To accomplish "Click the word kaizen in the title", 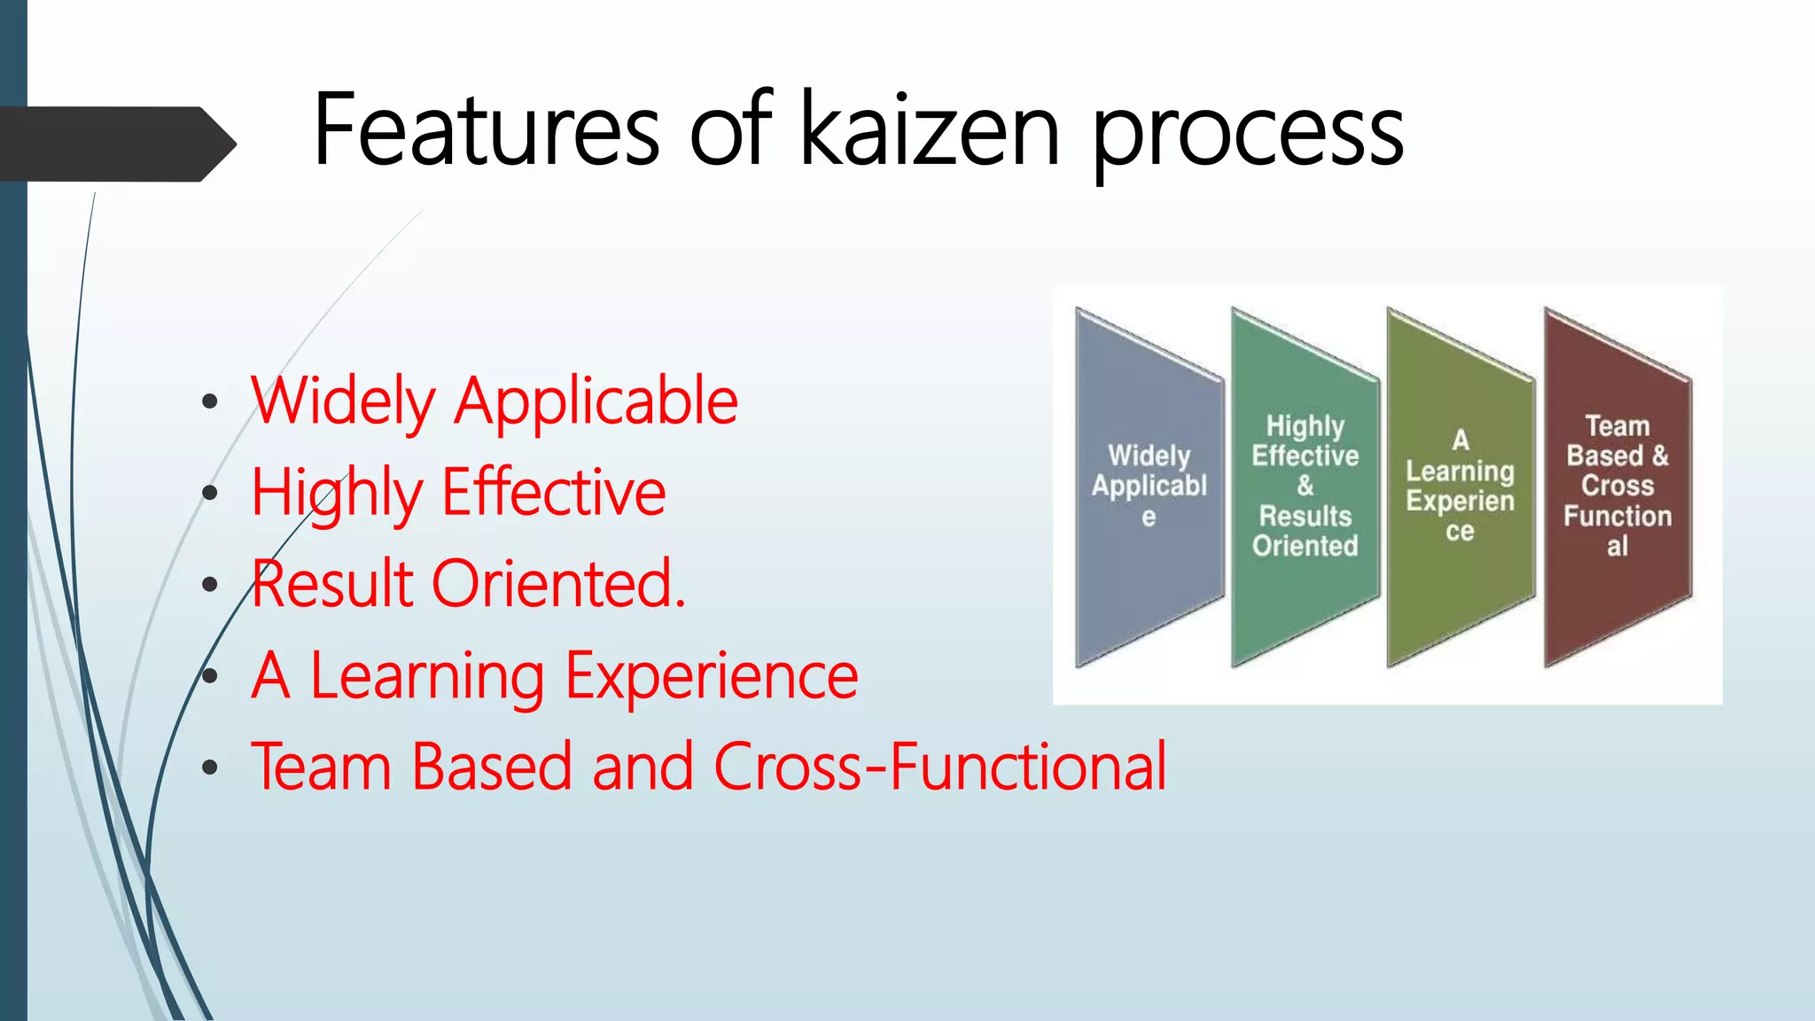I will [931, 130].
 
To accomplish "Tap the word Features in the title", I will [487, 130].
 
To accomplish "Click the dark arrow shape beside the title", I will [115, 144].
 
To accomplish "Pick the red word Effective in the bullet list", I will [554, 494].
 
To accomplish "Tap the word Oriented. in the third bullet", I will [558, 585].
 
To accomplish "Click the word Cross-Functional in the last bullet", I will [940, 768].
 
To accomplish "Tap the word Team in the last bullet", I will [322, 768].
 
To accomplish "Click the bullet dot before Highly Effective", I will [210, 494].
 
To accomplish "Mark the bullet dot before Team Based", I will [210, 768].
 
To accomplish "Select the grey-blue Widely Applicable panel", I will [1149, 576].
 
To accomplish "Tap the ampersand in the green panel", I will [1305, 486].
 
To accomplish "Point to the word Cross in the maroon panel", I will [1617, 486].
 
